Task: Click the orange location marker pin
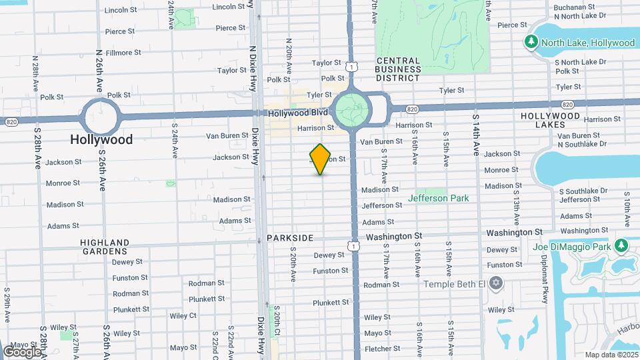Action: [x=321, y=159]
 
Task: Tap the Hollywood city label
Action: [x=102, y=139]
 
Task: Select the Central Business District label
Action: [x=398, y=69]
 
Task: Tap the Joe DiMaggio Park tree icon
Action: [x=621, y=247]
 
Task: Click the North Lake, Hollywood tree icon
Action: [x=531, y=43]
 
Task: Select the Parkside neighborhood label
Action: [x=290, y=238]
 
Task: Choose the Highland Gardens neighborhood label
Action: [x=104, y=247]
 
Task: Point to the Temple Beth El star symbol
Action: [x=495, y=284]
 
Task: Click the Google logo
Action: [x=21, y=351]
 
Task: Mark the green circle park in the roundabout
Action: [x=351, y=108]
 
